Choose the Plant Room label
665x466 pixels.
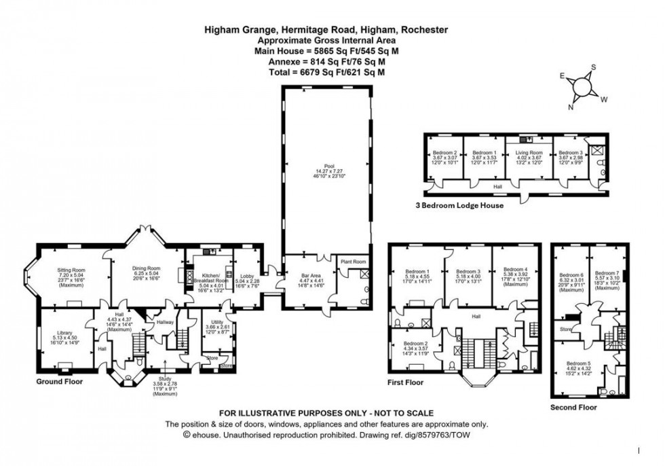(353, 262)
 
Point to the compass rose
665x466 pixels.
(581, 87)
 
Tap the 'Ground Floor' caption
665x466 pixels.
(59, 382)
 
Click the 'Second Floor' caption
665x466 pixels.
(574, 408)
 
